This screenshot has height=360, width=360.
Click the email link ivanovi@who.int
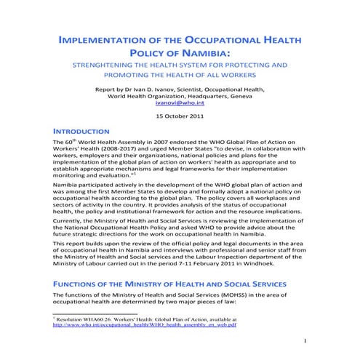pyautogui.click(x=180, y=103)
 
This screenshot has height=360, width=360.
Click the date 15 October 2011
pyautogui.click(x=180, y=116)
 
